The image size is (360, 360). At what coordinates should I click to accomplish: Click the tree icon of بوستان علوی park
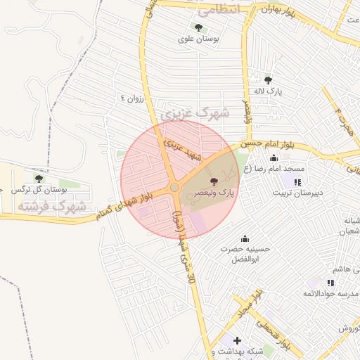pyautogui.click(x=198, y=28)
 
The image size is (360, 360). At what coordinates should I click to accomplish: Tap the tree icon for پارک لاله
pyautogui.click(x=268, y=79)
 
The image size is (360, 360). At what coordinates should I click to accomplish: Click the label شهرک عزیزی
pyautogui.click(x=195, y=112)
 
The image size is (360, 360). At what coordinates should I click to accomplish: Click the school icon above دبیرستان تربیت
pyautogui.click(x=288, y=182)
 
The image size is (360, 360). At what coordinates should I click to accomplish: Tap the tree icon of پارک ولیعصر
pyautogui.click(x=214, y=181)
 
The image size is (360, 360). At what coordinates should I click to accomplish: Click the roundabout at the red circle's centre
pyautogui.click(x=174, y=188)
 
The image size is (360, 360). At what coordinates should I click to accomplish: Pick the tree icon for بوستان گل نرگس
pyautogui.click(x=38, y=179)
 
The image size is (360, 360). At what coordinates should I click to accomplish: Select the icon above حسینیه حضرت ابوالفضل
pyautogui.click(x=245, y=238)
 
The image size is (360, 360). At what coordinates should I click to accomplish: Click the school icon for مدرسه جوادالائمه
pyautogui.click(x=330, y=282)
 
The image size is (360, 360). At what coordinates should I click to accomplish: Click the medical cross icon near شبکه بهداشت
pyautogui.click(x=236, y=340)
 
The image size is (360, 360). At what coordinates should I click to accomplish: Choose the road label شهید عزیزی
pyautogui.click(x=182, y=150)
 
